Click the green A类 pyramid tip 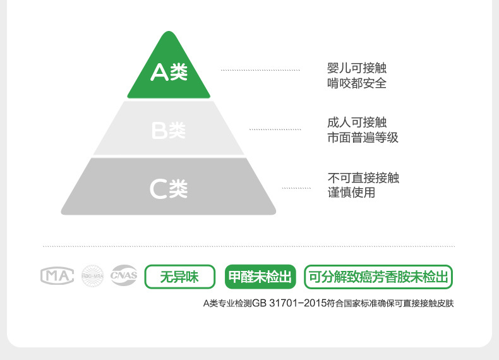169,73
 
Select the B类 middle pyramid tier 169,130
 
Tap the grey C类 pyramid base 169,188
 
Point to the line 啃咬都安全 357,83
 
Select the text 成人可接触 357,123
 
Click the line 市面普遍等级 363,137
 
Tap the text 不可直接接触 363,177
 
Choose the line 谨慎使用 351,192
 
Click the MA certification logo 57,275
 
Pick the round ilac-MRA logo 92,276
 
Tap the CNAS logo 124,275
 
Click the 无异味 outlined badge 179,277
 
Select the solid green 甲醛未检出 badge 260,277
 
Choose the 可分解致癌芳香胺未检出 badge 378,277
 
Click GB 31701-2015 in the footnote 289,304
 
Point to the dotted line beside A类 260,69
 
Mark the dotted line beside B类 275,129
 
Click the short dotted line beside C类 296,188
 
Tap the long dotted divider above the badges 248,246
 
